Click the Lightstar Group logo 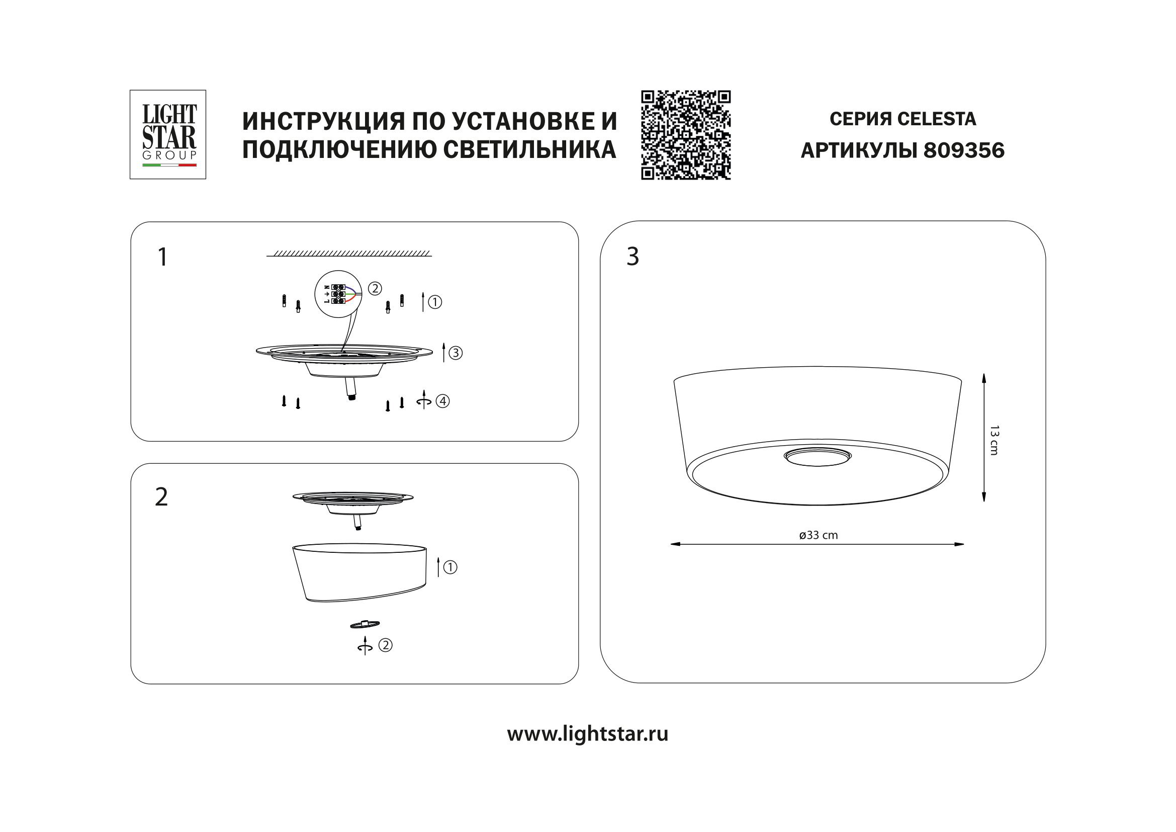click(x=168, y=135)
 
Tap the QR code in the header click(x=686, y=135)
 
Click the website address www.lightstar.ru click(x=587, y=733)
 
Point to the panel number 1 click(x=162, y=257)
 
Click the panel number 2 click(x=161, y=497)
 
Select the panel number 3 click(x=632, y=257)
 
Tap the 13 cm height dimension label click(x=994, y=440)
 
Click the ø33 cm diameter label click(x=819, y=535)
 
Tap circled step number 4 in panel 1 click(x=442, y=401)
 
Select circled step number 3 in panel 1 click(x=456, y=353)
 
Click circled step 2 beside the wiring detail click(x=375, y=288)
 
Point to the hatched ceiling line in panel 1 click(x=349, y=254)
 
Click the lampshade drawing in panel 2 click(x=359, y=573)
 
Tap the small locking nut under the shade click(x=364, y=624)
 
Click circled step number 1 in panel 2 click(x=449, y=567)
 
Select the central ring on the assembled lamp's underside click(x=818, y=456)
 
